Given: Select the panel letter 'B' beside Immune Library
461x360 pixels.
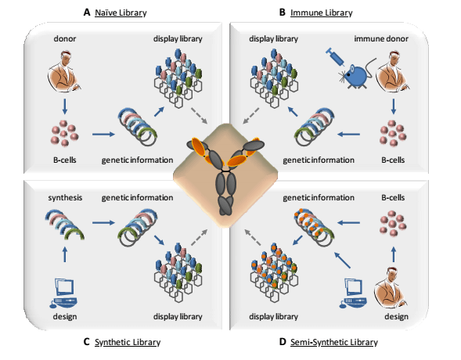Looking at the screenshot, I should (282, 13).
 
